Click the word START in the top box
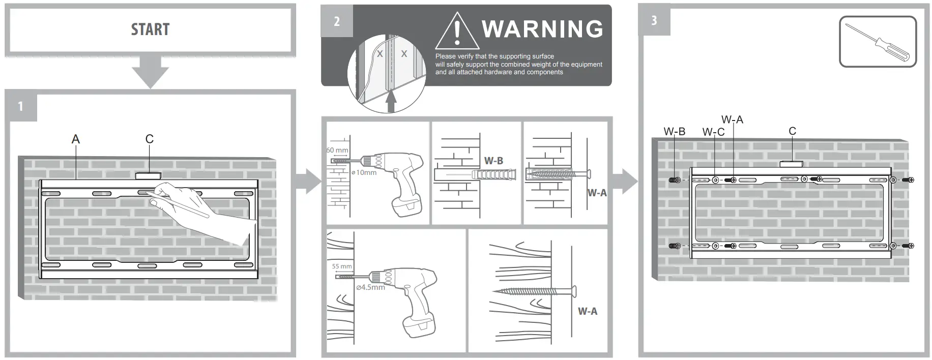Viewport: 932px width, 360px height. point(150,29)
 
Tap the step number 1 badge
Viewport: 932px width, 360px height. point(21,106)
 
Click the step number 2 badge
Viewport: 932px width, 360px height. point(336,21)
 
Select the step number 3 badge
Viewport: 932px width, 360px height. point(654,20)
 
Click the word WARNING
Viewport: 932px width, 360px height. point(542,29)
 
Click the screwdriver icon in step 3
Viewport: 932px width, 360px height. point(877,41)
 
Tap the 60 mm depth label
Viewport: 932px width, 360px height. point(337,150)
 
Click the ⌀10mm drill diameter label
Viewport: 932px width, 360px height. point(364,172)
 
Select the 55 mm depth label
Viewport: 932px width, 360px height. point(342,266)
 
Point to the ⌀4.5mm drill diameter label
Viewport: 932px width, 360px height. point(370,287)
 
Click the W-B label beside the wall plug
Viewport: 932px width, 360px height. point(493,161)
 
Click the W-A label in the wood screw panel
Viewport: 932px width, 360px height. point(587,311)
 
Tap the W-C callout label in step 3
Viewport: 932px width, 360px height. point(713,132)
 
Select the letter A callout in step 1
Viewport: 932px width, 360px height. point(76,139)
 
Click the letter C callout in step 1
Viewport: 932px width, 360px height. point(149,139)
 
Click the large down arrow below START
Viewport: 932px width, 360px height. point(150,71)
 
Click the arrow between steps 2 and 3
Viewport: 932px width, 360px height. point(625,182)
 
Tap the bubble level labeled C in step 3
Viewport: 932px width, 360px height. point(791,164)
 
